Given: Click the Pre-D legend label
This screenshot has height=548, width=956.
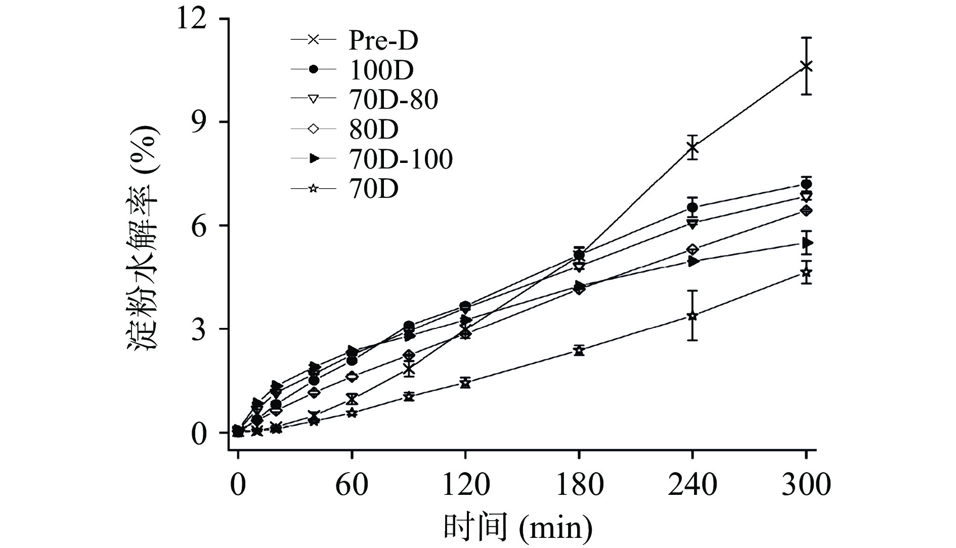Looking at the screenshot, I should [383, 40].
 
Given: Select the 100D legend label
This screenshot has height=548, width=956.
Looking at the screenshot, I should [381, 70].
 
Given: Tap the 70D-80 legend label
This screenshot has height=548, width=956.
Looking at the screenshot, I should [393, 100].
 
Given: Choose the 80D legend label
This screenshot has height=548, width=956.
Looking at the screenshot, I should [373, 130].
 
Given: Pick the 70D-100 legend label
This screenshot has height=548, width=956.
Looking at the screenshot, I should [400, 159].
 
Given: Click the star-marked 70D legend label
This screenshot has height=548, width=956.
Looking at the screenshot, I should [373, 189].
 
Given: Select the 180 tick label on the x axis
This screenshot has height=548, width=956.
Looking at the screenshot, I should [579, 485].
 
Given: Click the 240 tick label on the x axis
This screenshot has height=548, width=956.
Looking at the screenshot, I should [692, 485].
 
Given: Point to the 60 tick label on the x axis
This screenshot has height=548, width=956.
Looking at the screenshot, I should [352, 485].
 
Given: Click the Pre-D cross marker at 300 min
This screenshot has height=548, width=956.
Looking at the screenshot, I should [806, 66].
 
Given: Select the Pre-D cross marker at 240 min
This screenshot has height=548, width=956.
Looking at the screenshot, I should [692, 148].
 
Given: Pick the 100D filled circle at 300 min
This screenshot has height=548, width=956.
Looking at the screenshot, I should [806, 184].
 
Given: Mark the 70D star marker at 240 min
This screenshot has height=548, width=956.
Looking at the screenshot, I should [692, 316].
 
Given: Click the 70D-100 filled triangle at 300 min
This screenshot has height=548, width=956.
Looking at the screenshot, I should [807, 243].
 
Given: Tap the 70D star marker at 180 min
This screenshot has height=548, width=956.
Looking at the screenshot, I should [579, 351].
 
